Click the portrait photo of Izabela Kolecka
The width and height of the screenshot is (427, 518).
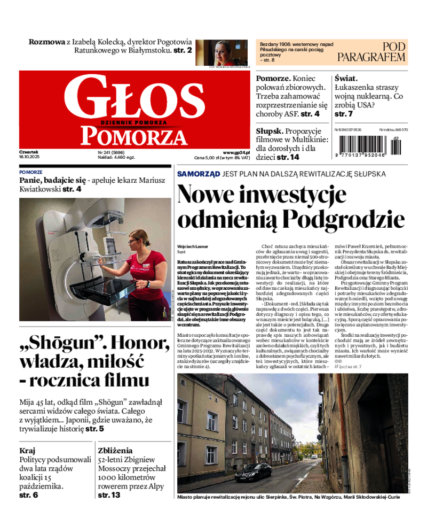225,52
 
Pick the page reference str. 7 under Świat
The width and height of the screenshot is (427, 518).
344,114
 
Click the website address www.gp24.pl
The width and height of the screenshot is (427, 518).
236,152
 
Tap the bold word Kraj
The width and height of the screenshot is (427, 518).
27,450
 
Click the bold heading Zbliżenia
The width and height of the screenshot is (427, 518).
115,450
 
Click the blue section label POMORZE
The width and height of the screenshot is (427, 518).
30,172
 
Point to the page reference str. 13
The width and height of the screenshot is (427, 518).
109,495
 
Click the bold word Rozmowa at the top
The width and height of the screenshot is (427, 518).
47,42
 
